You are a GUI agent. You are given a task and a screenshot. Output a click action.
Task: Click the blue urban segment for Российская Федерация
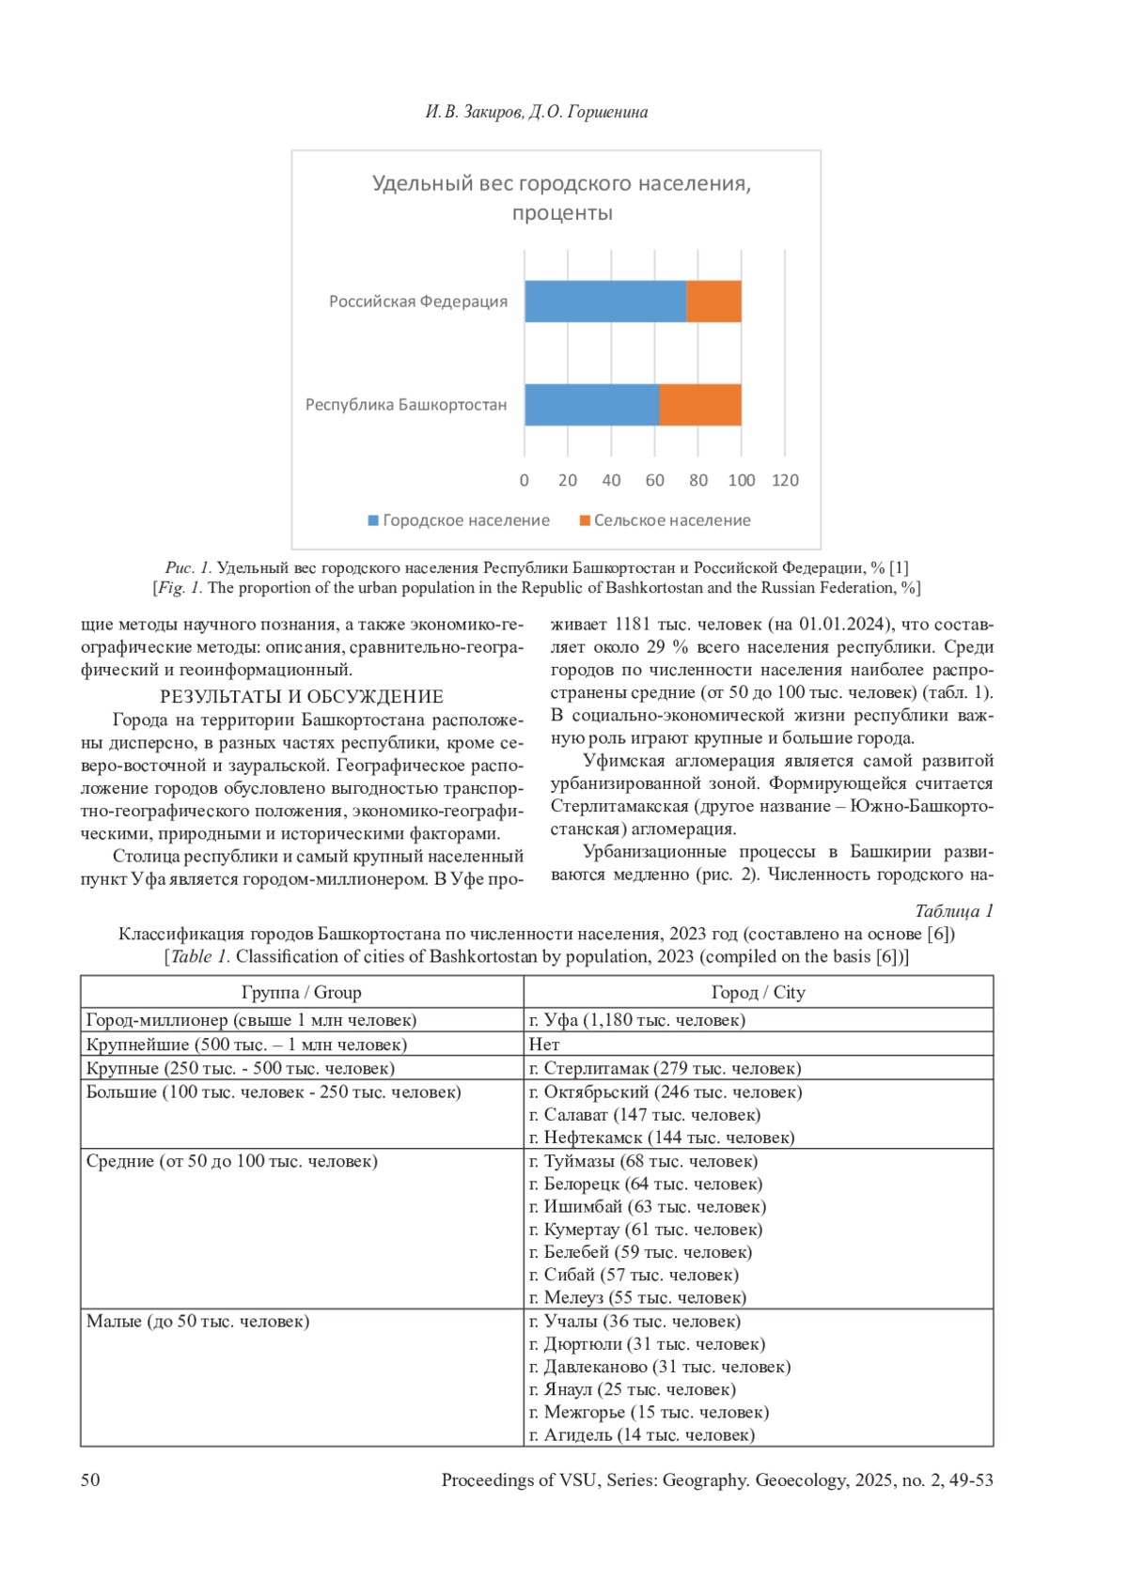pyautogui.click(x=605, y=302)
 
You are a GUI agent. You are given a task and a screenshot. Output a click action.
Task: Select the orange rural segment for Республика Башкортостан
pyautogui.click(x=700, y=405)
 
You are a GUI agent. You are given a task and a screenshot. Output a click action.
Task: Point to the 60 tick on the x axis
pyautogui.click(x=655, y=480)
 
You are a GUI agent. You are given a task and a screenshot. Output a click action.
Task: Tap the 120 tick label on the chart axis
pyautogui.click(x=785, y=480)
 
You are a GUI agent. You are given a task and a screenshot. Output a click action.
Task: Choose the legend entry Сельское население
pyautogui.click(x=665, y=520)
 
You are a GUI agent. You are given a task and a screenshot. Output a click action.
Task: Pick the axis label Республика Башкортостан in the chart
pyautogui.click(x=406, y=405)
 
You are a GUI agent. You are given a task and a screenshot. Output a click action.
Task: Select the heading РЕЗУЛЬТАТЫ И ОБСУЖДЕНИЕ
pyautogui.click(x=302, y=696)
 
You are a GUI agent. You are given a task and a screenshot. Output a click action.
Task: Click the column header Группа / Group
pyautogui.click(x=301, y=992)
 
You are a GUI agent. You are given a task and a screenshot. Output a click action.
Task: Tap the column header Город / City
pyautogui.click(x=758, y=992)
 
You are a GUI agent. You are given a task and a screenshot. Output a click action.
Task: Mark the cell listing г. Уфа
pyautogui.click(x=637, y=1020)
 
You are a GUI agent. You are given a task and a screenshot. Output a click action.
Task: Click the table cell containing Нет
pyautogui.click(x=544, y=1045)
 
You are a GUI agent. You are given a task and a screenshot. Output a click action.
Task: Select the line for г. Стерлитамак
pyautogui.click(x=665, y=1068)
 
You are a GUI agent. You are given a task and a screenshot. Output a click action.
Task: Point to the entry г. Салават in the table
pyautogui.click(x=645, y=1115)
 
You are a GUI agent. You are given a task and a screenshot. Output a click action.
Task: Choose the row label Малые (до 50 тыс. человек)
pyautogui.click(x=197, y=1322)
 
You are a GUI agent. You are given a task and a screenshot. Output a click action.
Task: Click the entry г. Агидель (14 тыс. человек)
pyautogui.click(x=642, y=1435)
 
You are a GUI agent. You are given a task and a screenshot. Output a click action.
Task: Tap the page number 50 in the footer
pyautogui.click(x=90, y=1480)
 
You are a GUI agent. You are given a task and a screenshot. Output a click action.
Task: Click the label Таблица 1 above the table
pyautogui.click(x=953, y=911)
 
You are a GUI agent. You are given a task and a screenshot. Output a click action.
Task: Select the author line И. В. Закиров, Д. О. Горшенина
pyautogui.click(x=537, y=112)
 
